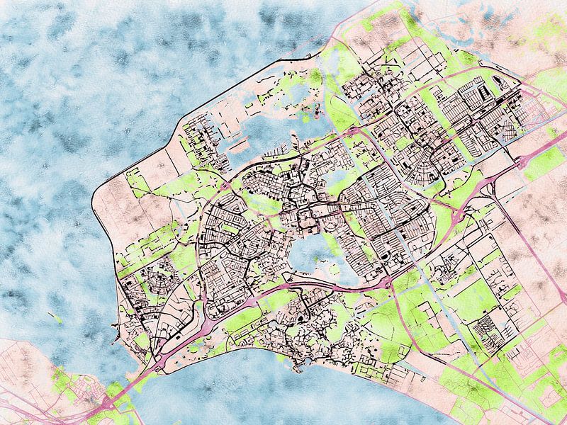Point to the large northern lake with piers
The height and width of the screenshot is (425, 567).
coord(273,131)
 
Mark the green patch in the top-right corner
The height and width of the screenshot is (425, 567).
coord(546,28)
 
